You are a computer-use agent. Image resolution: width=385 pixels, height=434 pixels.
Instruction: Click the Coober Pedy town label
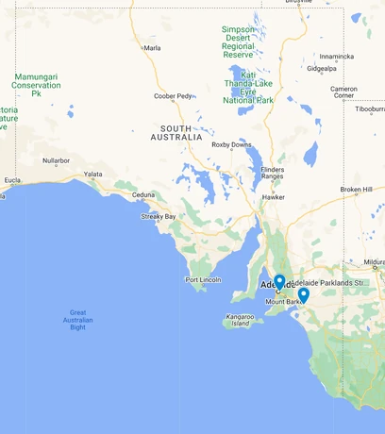point(173,95)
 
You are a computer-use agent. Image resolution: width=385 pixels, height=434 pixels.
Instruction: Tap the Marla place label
point(151,47)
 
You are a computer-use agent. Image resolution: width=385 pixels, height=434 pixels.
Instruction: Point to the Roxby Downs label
point(231,144)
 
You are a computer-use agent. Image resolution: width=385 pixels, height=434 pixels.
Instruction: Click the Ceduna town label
point(142,195)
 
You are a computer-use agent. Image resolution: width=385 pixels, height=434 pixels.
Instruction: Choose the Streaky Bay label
point(159,216)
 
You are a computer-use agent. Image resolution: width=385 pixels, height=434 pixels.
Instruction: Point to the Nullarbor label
point(56,160)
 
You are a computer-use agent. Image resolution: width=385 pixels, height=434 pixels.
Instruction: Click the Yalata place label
point(93,175)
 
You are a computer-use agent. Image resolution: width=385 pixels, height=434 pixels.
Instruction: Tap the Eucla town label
point(12,179)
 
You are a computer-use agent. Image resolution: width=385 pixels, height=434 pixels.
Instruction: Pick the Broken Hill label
point(356,190)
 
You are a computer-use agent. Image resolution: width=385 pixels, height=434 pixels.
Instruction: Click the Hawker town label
point(274,197)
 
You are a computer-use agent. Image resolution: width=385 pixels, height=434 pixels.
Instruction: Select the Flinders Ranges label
point(272,173)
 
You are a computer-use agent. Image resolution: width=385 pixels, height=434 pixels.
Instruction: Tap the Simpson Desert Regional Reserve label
point(238,42)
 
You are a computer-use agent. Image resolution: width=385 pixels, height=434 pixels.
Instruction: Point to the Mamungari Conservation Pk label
point(36,85)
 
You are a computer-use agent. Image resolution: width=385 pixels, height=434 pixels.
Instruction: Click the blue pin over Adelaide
point(279,281)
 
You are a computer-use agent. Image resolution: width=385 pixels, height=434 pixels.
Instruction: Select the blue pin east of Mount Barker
point(303,294)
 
